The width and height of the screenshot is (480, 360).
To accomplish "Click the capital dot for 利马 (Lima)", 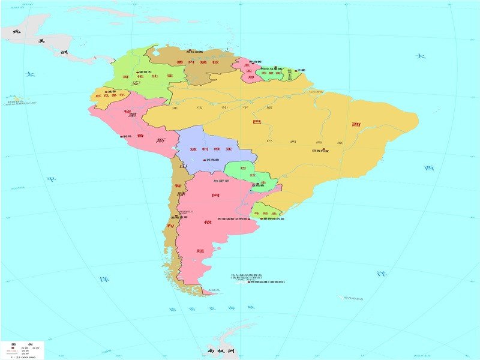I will (122, 137).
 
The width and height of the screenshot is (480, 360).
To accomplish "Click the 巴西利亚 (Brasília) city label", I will (320, 151).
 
